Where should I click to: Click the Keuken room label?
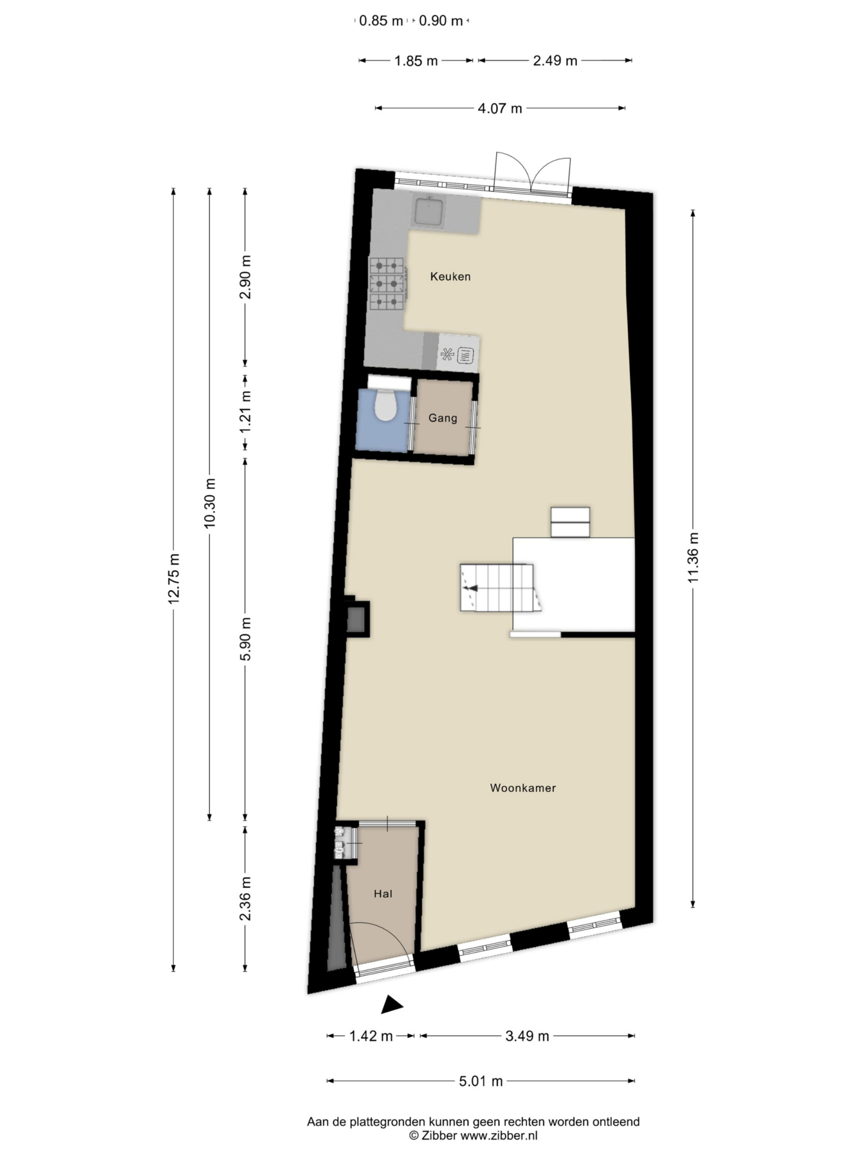click(450, 276)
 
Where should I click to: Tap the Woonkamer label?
click(523, 788)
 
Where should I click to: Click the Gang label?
click(443, 418)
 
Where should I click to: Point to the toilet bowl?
click(385, 406)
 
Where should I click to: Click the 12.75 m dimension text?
click(173, 578)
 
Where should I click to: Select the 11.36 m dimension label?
click(693, 557)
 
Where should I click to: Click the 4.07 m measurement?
click(500, 109)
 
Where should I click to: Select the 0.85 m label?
click(381, 21)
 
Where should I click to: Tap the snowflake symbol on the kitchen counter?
click(447, 354)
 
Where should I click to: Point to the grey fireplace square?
click(357, 619)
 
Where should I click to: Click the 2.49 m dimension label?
click(555, 61)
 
